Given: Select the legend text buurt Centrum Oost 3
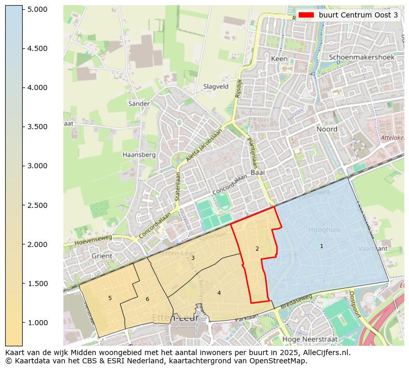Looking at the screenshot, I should [x=358, y=15].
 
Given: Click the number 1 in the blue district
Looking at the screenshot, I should [x=321, y=246].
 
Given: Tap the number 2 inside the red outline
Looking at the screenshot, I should [x=257, y=249].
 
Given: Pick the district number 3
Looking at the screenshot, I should [x=193, y=258].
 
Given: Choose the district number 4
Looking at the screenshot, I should [x=219, y=293].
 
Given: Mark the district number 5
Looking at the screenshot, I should [x=110, y=298].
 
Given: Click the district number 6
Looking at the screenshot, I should [x=147, y=299].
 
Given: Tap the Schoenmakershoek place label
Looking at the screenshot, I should [x=361, y=57].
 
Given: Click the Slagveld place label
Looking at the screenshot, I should [x=216, y=87].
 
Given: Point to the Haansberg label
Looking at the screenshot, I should [x=139, y=154].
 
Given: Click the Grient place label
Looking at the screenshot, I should [x=101, y=256].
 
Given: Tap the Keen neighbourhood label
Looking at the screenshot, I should [x=279, y=59].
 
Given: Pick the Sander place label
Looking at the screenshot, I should [x=139, y=103].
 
